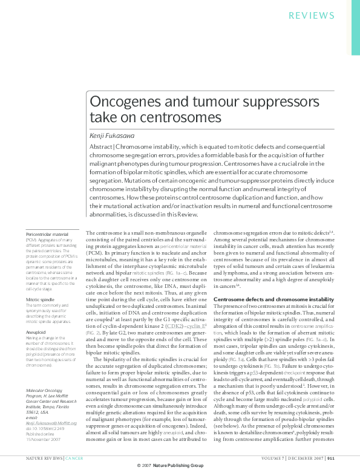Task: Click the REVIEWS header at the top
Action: point(312,15)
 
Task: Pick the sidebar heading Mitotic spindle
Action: point(41,282)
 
